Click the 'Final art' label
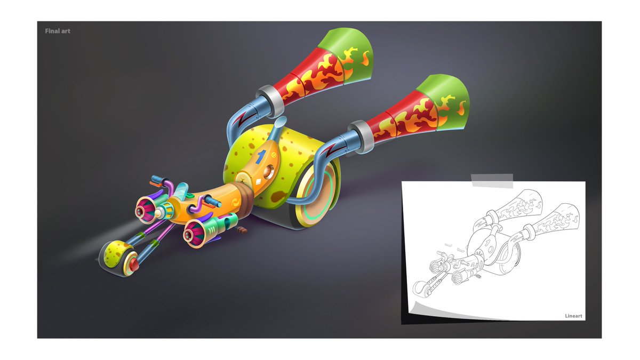click(x=58, y=31)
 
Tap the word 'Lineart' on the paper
click(x=573, y=316)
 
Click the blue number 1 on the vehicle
click(x=261, y=157)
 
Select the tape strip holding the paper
click(x=492, y=181)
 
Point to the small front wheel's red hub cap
click(x=134, y=265)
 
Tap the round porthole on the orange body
click(x=268, y=172)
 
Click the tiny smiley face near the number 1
click(x=274, y=155)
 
